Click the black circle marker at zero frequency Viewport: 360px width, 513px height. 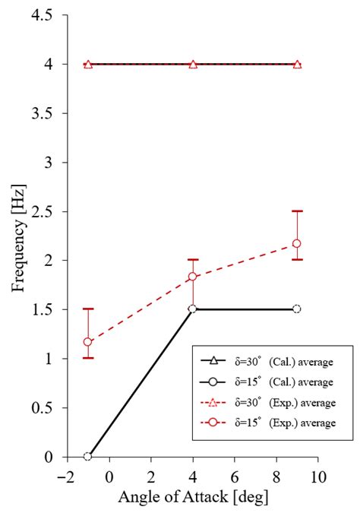(88, 457)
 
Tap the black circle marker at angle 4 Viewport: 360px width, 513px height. (193, 309)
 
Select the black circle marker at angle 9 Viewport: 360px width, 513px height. (297, 309)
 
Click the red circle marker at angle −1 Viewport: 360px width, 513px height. (88, 342)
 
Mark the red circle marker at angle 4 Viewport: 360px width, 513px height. (193, 277)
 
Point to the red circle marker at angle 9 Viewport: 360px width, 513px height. (297, 243)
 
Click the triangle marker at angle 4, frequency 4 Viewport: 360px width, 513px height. (193, 65)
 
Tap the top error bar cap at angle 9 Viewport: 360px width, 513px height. (297, 211)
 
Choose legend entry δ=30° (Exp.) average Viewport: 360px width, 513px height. (266, 401)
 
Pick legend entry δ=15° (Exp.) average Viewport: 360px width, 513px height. (266, 421)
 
